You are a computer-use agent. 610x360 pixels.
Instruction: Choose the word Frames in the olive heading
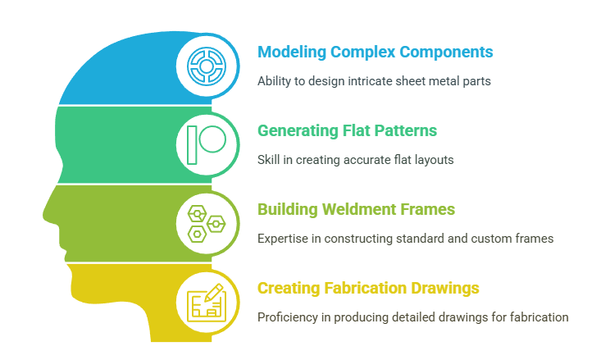(429, 209)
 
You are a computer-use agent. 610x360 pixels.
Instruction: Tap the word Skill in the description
(268, 160)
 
